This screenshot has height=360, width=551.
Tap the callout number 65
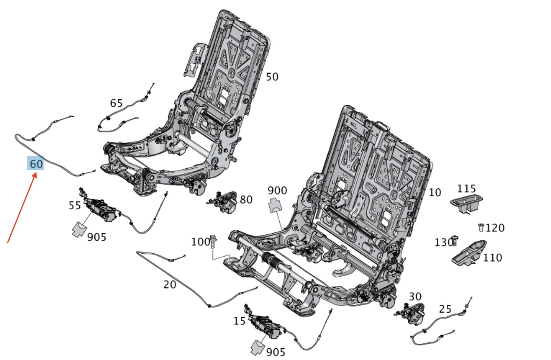pyautogui.click(x=116, y=103)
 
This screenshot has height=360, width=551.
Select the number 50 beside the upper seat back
pyautogui.click(x=272, y=77)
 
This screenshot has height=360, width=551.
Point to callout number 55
pyautogui.click(x=74, y=205)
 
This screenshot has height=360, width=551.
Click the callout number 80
pyautogui.click(x=246, y=200)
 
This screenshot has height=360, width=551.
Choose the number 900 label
pyautogui.click(x=277, y=190)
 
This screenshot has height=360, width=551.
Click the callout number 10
pyautogui.click(x=435, y=192)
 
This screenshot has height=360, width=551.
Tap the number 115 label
pyautogui.click(x=466, y=189)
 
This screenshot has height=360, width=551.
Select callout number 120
pyautogui.click(x=495, y=228)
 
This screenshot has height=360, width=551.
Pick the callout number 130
pyautogui.click(x=444, y=242)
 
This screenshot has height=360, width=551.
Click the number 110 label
pyautogui.click(x=493, y=258)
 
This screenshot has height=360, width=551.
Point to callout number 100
pyautogui.click(x=200, y=242)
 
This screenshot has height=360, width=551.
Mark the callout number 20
pyautogui.click(x=170, y=285)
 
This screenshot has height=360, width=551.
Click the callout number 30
pyautogui.click(x=415, y=297)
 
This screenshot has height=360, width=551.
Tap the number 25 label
pyautogui.click(x=445, y=309)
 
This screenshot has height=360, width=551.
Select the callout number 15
pyautogui.click(x=239, y=321)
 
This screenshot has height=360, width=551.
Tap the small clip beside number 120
pyautogui.click(x=481, y=227)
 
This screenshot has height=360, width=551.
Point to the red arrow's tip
pyautogui.click(x=37, y=173)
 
